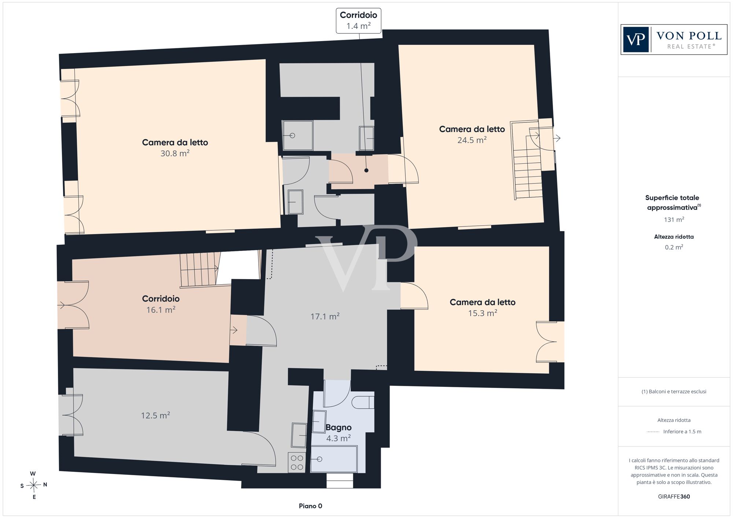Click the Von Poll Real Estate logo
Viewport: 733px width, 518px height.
[x=674, y=40]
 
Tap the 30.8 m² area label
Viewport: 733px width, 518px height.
[x=175, y=153]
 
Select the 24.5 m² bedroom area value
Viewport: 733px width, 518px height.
[x=472, y=140]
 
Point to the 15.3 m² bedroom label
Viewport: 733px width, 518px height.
[x=483, y=307]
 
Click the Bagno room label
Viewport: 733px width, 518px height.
[x=338, y=428]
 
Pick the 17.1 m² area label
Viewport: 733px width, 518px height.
[x=325, y=316]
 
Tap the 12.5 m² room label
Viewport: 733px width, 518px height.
[x=155, y=415]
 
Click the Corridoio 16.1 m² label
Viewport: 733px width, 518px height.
[x=161, y=304]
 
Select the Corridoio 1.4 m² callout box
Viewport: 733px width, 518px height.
[x=359, y=21]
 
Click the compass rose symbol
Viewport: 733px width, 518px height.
[x=34, y=485]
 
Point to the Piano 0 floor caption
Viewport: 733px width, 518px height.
[x=310, y=506]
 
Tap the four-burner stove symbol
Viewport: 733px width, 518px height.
[x=296, y=462]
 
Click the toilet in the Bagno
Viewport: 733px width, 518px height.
[x=363, y=402]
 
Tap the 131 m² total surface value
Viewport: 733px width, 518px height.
[x=674, y=220]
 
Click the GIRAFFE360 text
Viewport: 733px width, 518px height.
[x=674, y=497]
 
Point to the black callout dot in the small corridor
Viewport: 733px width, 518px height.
[x=366, y=170]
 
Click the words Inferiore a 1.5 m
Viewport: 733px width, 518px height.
[x=682, y=432]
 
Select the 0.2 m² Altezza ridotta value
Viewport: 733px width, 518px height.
[x=674, y=247]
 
